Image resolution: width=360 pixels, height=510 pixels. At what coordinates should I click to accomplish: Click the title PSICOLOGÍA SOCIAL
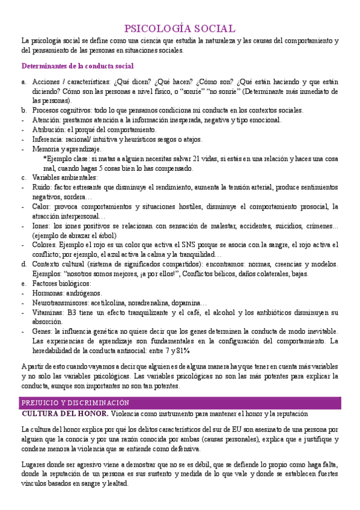[x=180, y=28]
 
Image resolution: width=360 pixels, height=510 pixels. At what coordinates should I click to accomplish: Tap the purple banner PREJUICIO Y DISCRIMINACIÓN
[x=75, y=402]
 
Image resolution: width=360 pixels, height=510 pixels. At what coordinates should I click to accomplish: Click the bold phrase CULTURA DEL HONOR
[x=65, y=414]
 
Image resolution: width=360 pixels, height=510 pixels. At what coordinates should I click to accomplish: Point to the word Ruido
[x=41, y=187]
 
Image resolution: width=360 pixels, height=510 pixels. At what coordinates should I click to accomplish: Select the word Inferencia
[x=48, y=139]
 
